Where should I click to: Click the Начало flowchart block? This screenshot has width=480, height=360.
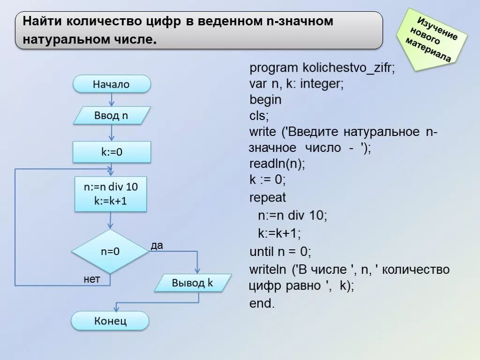coord(112,84)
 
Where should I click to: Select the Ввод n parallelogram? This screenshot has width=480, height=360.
coord(112,115)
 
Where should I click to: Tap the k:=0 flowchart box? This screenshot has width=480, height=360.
coord(112,152)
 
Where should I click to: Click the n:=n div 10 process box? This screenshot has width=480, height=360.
coord(111,194)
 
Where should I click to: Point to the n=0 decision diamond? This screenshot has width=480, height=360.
coord(110,251)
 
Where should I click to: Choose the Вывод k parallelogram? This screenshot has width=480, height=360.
coord(193,283)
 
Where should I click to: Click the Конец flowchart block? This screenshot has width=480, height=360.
coord(110,321)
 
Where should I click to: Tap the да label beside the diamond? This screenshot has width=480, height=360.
coord(157,246)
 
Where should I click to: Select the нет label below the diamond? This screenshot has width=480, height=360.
coord(92,279)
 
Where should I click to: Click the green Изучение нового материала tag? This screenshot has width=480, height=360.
coord(433,40)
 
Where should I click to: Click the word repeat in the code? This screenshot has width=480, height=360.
coord(267,198)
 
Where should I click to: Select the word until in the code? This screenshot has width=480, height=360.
coord(262,252)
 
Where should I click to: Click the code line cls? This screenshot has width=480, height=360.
coord(259,116)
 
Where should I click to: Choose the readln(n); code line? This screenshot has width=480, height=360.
coord(277,164)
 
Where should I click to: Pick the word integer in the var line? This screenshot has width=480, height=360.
coord(321,84)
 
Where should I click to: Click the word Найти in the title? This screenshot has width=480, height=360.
coord(43,22)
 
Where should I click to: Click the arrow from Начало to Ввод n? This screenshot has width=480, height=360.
coord(112,99)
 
